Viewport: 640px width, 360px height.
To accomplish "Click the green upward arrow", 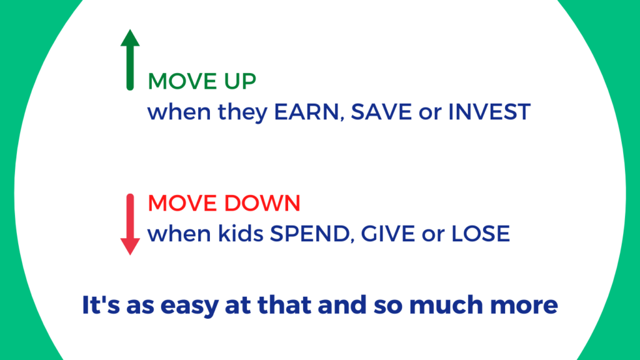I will (129, 59).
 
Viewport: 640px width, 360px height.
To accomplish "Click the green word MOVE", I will (176, 82).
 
